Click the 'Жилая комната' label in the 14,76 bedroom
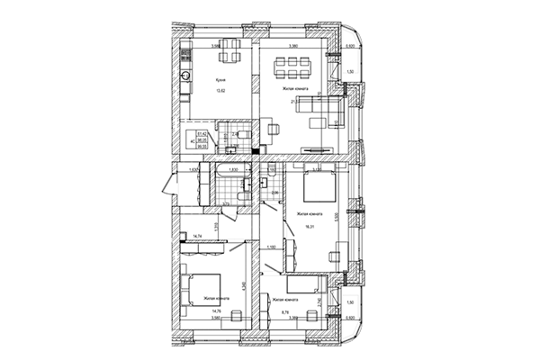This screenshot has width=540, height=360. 219,299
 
